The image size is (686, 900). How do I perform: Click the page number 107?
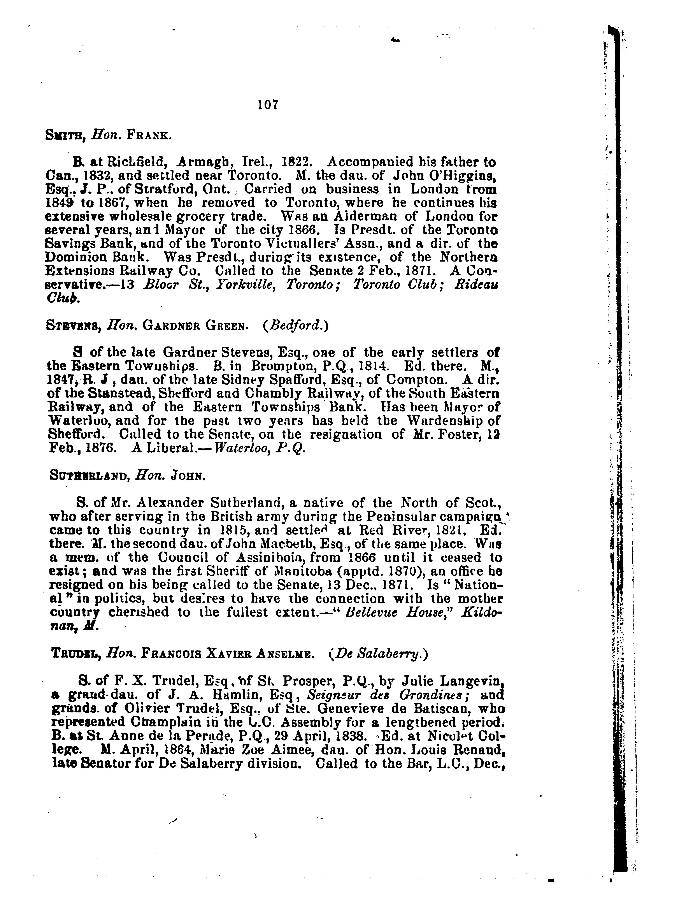click(x=268, y=105)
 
